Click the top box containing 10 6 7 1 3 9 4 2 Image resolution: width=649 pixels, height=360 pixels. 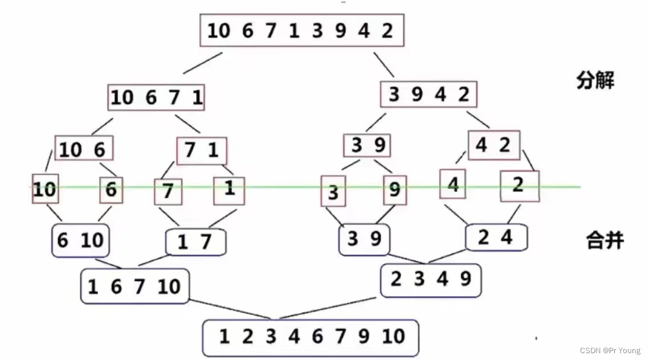tap(301, 30)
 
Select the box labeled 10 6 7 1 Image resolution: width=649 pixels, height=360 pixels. tap(156, 98)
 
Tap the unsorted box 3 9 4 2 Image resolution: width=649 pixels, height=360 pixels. tap(428, 94)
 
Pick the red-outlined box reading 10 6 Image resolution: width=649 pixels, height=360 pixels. tap(84, 149)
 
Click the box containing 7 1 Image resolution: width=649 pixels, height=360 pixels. tap(202, 151)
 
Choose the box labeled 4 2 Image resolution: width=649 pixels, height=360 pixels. tap(493, 145)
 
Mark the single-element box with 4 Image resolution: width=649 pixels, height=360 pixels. tap(453, 184)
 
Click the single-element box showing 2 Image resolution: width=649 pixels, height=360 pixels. tap(519, 186)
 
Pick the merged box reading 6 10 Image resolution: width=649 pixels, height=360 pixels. tap(80, 240)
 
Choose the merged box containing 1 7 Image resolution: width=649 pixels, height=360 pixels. tap(195, 243)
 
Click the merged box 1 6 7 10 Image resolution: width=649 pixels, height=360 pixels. tap(135, 287)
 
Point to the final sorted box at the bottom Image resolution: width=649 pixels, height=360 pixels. tap(311, 337)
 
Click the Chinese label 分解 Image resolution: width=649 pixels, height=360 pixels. tap(595, 80)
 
